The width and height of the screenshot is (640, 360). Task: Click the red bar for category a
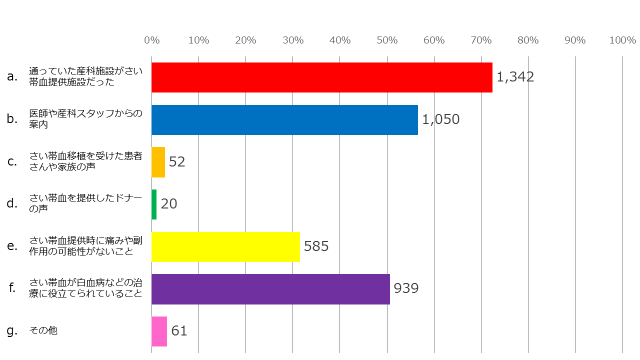(x=321, y=77)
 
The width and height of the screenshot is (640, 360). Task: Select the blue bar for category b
(x=284, y=120)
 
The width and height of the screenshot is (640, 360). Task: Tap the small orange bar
(x=158, y=162)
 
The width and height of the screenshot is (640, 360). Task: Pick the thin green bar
(x=154, y=204)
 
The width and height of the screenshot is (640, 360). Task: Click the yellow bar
(x=225, y=246)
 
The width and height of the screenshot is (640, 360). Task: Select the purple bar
(x=270, y=289)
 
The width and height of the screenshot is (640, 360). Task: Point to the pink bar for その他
(x=159, y=331)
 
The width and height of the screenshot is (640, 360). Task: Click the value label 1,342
(x=515, y=77)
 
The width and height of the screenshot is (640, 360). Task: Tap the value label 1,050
(x=440, y=119)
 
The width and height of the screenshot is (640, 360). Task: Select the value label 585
(x=316, y=246)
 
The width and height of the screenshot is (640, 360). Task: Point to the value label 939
(x=405, y=288)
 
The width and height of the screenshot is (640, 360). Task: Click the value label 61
(x=179, y=331)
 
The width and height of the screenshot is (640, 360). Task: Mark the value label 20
(x=169, y=204)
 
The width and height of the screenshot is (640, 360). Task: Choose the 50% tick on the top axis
(x=387, y=40)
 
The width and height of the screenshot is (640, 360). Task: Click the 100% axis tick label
(x=622, y=40)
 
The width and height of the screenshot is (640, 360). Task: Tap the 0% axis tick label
(x=151, y=40)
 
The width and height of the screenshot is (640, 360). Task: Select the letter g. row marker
(x=12, y=330)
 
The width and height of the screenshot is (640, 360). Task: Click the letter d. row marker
(x=12, y=203)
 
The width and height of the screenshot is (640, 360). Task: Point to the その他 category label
(x=43, y=330)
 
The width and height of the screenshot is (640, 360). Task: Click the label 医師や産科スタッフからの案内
(x=85, y=119)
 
